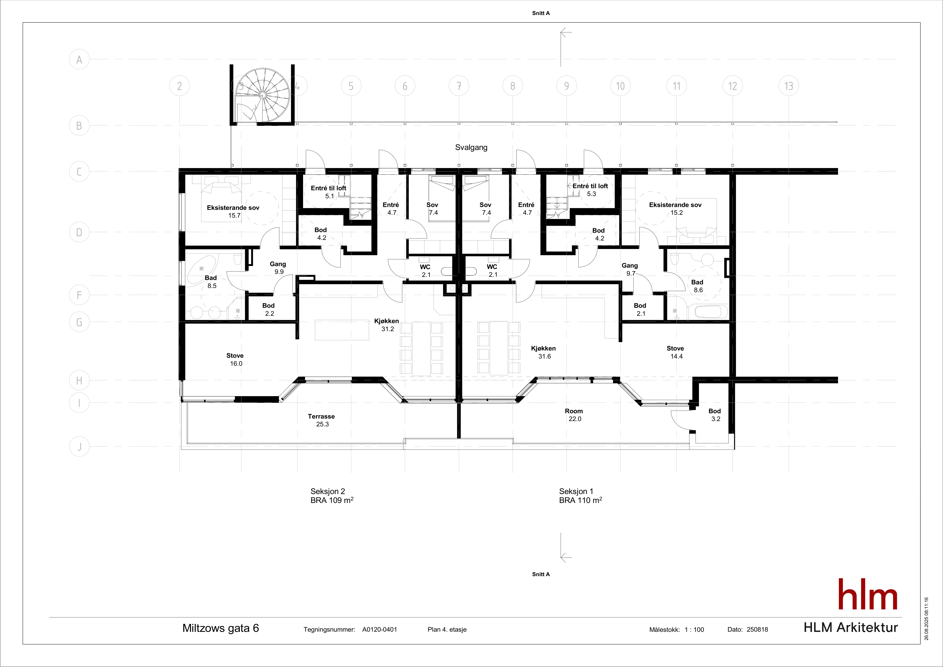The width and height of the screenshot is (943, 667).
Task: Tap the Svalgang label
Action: click(x=471, y=147)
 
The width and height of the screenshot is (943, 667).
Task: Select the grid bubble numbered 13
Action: click(x=789, y=86)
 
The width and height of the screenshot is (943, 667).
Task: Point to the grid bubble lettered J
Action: click(x=79, y=447)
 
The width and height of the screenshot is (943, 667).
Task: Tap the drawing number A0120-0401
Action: click(x=379, y=629)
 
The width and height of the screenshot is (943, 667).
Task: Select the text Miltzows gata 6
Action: click(x=221, y=628)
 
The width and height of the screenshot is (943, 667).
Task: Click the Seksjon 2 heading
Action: click(x=328, y=491)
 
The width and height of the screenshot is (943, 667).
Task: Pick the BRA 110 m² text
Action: click(x=580, y=500)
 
